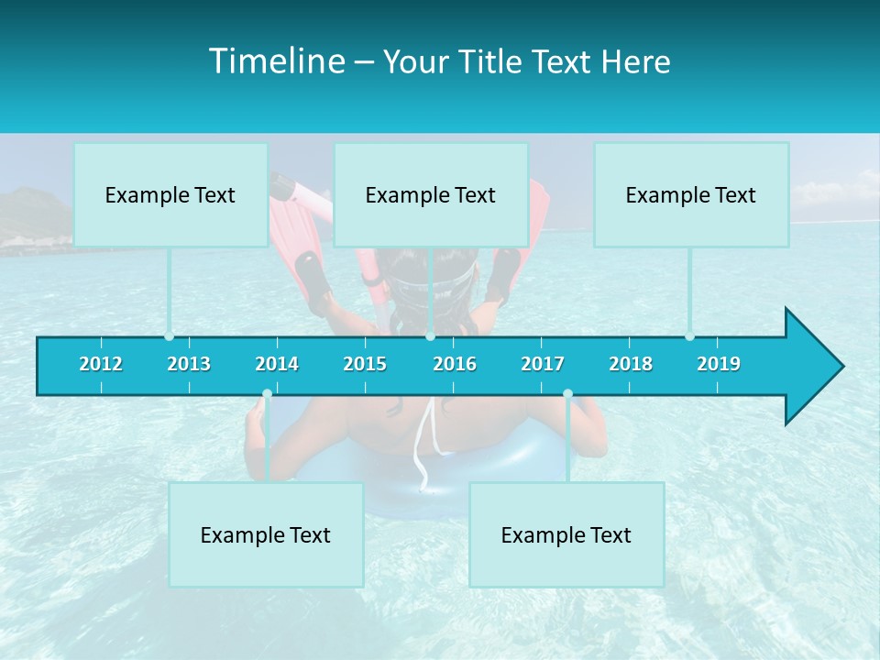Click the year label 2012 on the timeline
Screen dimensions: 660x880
[x=101, y=364]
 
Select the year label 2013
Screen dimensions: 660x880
[x=189, y=364]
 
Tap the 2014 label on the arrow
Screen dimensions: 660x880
[x=277, y=364]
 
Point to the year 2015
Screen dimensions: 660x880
[x=365, y=364]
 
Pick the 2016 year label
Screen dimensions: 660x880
[x=455, y=364]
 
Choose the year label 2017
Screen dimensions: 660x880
[x=543, y=364]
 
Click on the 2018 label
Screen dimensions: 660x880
[x=631, y=364]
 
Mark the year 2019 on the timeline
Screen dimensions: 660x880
[x=719, y=364]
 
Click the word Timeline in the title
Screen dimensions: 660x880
[x=276, y=61]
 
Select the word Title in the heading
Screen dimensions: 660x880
[x=499, y=62]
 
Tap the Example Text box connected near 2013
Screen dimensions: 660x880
[x=170, y=194]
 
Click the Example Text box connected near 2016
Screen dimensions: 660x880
[x=431, y=194]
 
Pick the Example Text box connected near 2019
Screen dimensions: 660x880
[x=691, y=194]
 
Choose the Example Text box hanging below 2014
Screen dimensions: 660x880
[x=266, y=534]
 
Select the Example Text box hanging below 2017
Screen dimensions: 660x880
[x=566, y=534]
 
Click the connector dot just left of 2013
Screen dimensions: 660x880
[x=170, y=336]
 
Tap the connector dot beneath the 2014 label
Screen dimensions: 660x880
[x=267, y=394]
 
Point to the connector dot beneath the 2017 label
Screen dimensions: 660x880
[x=567, y=394]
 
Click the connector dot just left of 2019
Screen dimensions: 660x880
[x=690, y=336]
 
